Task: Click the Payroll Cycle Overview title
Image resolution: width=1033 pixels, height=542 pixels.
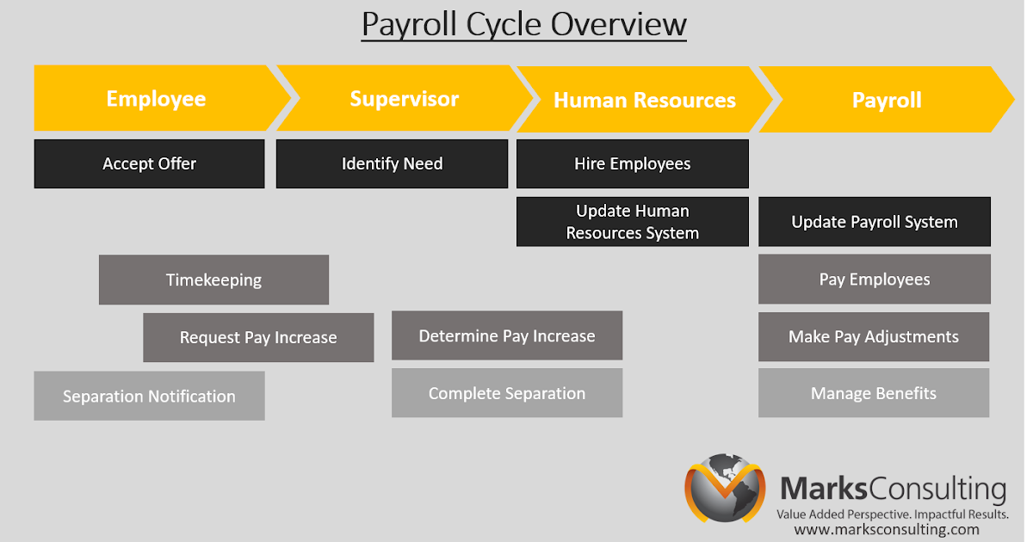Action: pyautogui.click(x=523, y=24)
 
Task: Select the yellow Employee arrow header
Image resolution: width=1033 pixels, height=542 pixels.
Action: pyautogui.click(x=156, y=99)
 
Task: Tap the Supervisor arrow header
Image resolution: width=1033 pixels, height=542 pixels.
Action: pyautogui.click(x=404, y=99)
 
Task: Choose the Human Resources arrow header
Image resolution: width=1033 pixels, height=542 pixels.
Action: pyautogui.click(x=644, y=100)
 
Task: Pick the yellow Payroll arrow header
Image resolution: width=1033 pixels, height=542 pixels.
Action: pyautogui.click(x=887, y=100)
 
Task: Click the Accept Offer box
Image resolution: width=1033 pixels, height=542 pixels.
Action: pyautogui.click(x=149, y=163)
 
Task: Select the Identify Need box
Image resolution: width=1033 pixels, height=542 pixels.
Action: pyautogui.click(x=392, y=163)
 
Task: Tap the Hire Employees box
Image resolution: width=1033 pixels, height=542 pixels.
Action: pyautogui.click(x=632, y=163)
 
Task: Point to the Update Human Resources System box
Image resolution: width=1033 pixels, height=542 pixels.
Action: pyautogui.click(x=632, y=222)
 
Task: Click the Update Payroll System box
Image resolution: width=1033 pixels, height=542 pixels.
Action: pyautogui.click(x=874, y=222)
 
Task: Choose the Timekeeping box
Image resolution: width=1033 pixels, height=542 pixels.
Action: pyautogui.click(x=213, y=280)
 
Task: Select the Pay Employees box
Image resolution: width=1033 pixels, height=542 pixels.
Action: pyautogui.click(x=874, y=280)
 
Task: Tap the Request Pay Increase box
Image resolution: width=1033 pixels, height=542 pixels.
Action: pyautogui.click(x=258, y=337)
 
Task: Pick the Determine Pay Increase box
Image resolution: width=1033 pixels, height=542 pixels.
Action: pyautogui.click(x=506, y=336)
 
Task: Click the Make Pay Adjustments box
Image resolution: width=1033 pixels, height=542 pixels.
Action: pyautogui.click(x=873, y=336)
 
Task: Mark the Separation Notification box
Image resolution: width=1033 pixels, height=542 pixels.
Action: pyautogui.click(x=149, y=396)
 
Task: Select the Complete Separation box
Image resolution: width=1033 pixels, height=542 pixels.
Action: pyautogui.click(x=506, y=393)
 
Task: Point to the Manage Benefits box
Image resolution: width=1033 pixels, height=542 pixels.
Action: pyautogui.click(x=873, y=393)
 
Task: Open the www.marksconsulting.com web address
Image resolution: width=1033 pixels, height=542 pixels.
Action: pyautogui.click(x=886, y=530)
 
